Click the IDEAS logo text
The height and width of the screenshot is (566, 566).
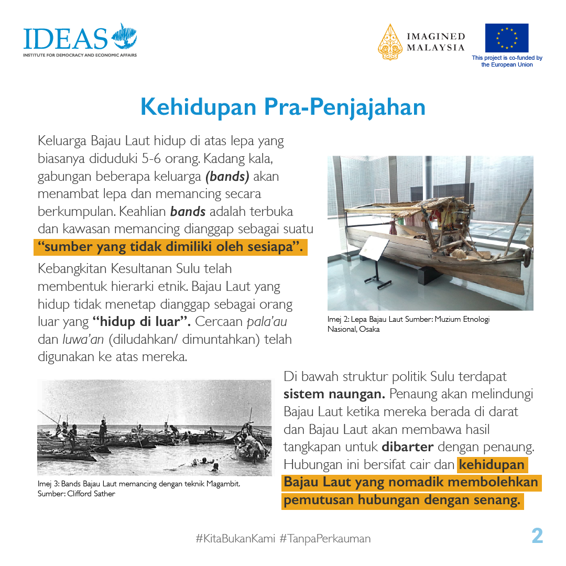65,38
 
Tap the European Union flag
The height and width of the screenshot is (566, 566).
506,38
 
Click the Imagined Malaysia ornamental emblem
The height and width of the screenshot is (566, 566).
390,42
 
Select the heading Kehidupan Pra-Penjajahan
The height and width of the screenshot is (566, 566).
282,107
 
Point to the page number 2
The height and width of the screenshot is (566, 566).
537,536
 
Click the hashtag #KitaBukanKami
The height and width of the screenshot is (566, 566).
235,538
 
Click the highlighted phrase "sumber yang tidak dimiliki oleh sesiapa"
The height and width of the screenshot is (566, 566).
170,247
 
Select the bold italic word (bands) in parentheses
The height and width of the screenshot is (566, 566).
226,176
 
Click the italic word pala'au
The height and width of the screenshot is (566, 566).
267,321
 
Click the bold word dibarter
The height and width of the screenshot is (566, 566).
407,447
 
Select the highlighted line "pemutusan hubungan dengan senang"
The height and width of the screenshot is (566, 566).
402,500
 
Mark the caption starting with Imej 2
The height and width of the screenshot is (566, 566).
408,324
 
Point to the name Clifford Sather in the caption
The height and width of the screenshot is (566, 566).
91,493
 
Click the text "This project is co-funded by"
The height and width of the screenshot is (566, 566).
507,58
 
